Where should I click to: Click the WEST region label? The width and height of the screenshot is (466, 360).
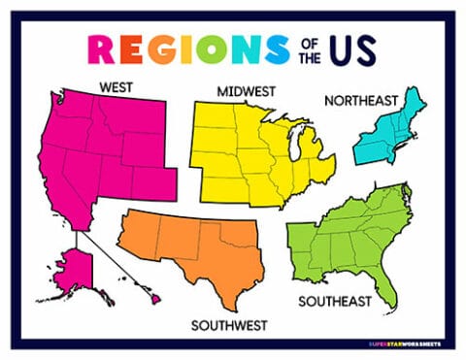pos(116,86)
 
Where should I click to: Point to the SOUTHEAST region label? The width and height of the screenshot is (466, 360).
pos(334,301)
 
